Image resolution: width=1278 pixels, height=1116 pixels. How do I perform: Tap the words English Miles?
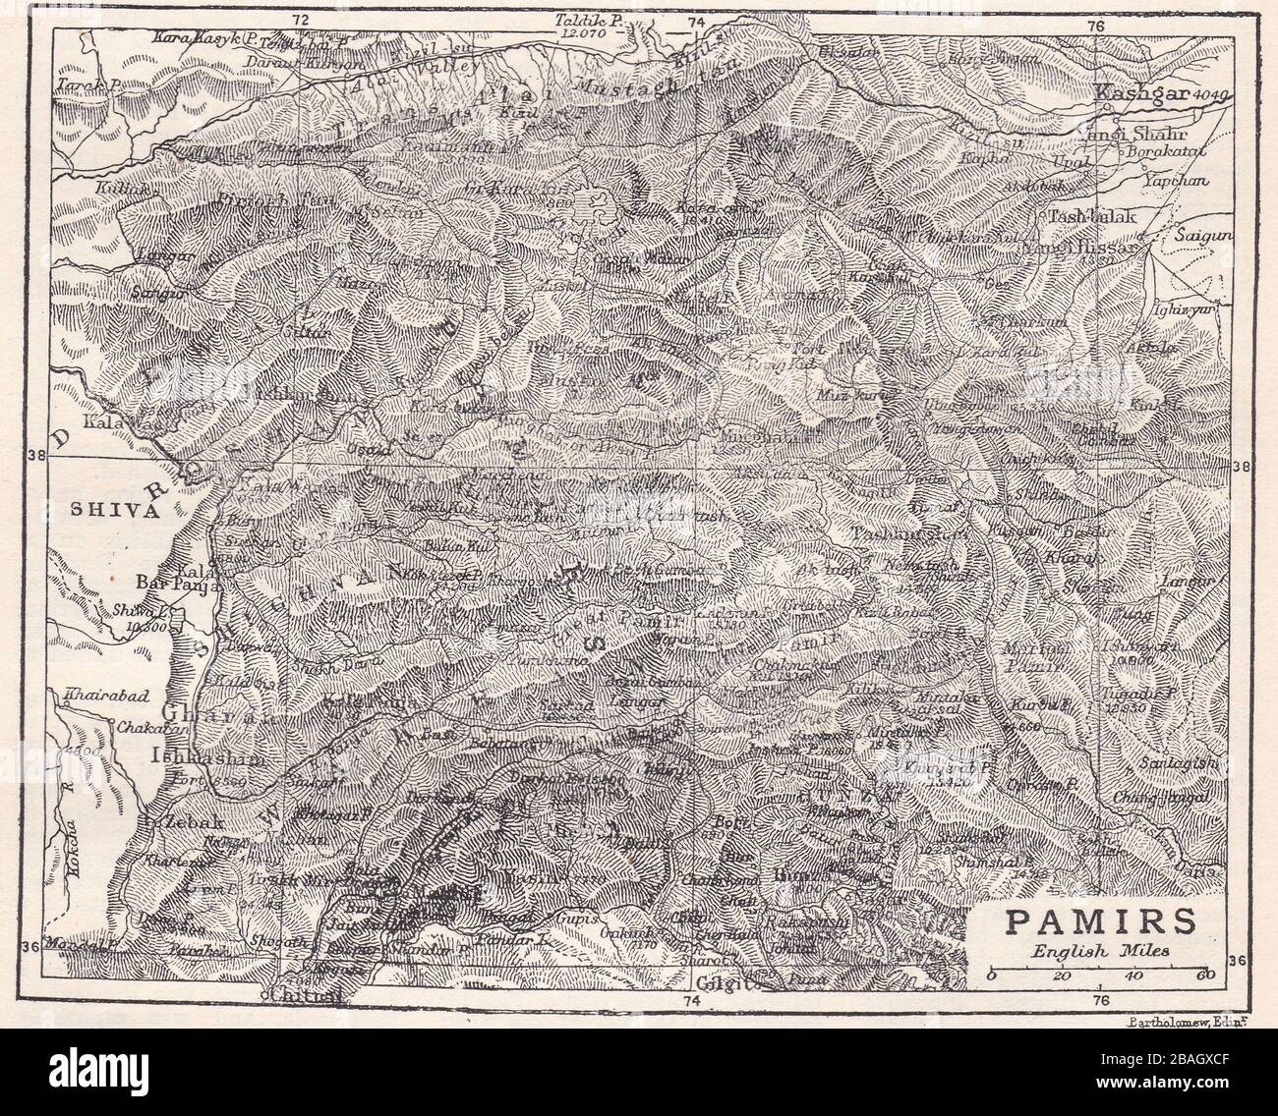(x=1085, y=950)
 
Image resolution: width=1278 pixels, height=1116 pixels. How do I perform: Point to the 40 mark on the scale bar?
(x=1135, y=976)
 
